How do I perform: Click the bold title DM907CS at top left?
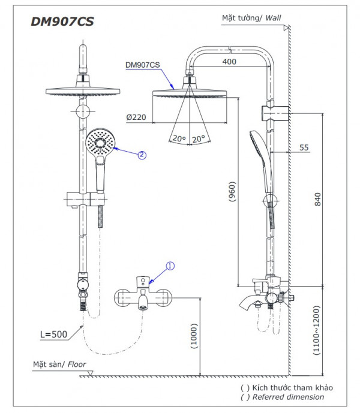(x=62, y=21)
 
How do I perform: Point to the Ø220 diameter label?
(x=136, y=117)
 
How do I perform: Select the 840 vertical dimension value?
(x=318, y=198)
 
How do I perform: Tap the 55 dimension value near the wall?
(x=304, y=147)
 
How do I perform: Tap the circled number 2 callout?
(x=142, y=154)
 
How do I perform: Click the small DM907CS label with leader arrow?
(x=142, y=65)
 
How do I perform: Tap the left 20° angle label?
(x=178, y=138)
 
